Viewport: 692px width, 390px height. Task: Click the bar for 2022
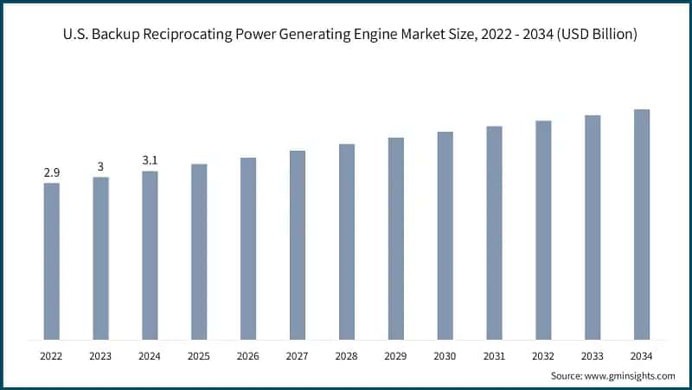click(52, 261)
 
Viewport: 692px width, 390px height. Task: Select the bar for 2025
click(199, 251)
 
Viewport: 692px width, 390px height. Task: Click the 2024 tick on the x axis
click(150, 355)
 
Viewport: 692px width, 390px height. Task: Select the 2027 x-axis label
click(298, 355)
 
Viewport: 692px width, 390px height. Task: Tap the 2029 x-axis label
click(396, 355)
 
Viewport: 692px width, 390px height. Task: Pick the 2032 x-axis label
click(543, 355)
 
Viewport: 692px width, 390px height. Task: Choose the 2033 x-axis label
click(593, 355)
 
